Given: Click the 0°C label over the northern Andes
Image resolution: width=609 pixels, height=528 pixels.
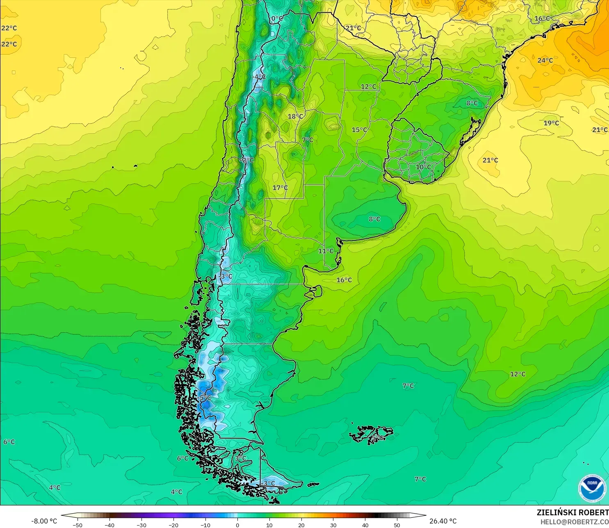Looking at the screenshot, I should pos(277,18).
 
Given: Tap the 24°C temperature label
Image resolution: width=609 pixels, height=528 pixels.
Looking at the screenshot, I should pos(545,60).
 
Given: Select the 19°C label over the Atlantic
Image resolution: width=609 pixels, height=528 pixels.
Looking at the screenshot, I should pos(551,123).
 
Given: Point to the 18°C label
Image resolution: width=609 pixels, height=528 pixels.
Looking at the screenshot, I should pos(295,117).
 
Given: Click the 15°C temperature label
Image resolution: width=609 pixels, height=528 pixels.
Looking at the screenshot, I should pos(359,130).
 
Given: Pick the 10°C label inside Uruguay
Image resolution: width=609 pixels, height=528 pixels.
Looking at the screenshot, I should pos(423,167).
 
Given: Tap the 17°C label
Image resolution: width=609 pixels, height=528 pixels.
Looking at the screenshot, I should pos(280,187).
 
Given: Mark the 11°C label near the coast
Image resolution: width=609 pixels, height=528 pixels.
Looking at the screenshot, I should pos(326,251).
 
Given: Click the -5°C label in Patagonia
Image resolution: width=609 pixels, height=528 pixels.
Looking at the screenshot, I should pos(205,398).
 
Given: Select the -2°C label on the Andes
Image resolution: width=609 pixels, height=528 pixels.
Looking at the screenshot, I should pos(247,160).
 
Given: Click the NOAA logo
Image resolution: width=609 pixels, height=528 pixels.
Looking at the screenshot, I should pos(592,488).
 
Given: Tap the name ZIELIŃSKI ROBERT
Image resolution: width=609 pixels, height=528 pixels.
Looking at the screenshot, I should pos(573,512).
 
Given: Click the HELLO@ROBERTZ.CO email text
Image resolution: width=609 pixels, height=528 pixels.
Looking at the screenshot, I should pos(574,522).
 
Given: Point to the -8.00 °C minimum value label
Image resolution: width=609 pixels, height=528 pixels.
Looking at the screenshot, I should pos(44,521).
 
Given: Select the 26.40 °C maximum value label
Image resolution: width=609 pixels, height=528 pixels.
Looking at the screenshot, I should pos(442,521).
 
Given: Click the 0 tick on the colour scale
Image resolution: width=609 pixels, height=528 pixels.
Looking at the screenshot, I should pos(237,525).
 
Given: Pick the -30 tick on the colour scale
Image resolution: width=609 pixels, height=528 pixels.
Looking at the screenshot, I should pos(141,525).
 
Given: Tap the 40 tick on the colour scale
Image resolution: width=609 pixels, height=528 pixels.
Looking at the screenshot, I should pos(365,525).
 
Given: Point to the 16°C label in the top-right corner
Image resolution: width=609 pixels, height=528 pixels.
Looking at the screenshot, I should pos(542,18).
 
